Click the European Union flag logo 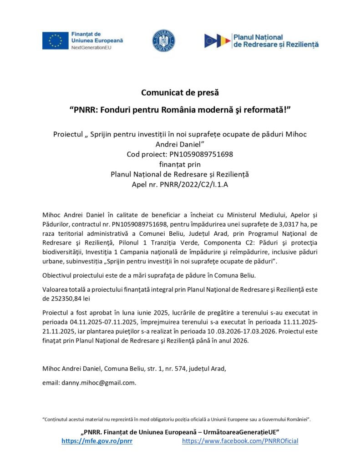(55, 41)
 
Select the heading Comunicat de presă (180, 93)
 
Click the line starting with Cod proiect (180, 154)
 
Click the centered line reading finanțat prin (180, 164)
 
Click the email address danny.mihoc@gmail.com (98, 383)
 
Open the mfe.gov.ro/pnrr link (97, 441)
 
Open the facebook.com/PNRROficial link (240, 441)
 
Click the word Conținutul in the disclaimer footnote (57, 418)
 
